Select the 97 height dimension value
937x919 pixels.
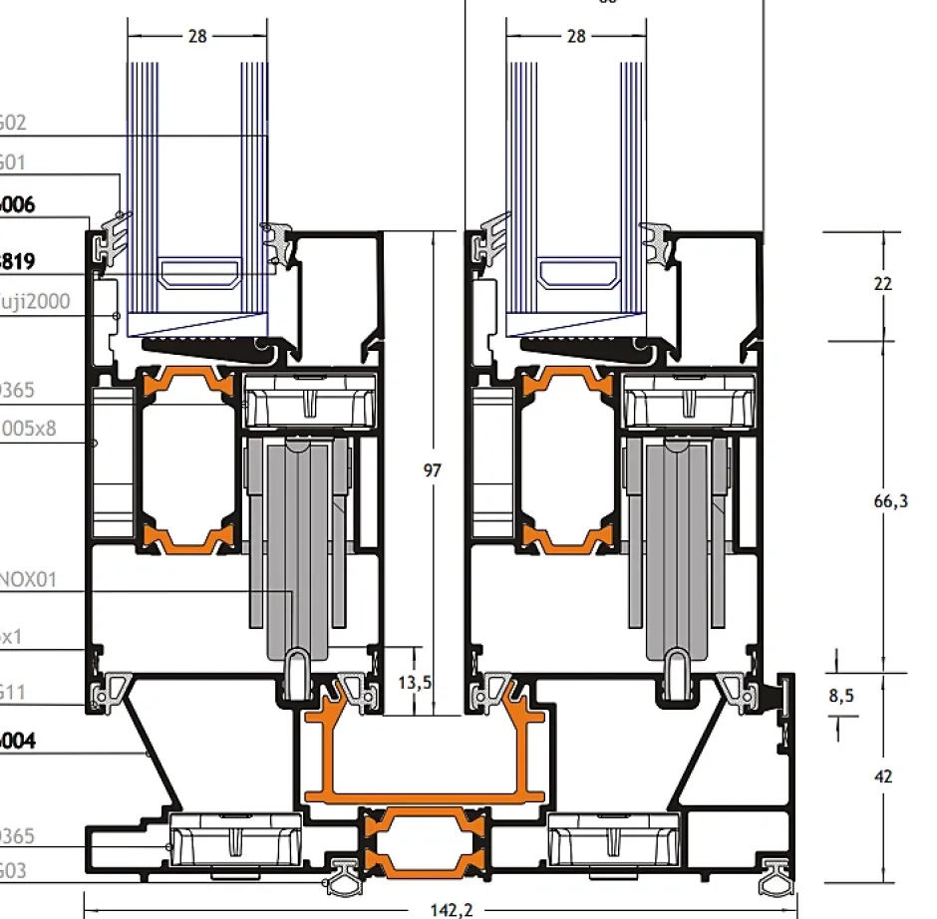pyautogui.click(x=433, y=469)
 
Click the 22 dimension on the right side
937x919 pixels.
pyautogui.click(x=882, y=284)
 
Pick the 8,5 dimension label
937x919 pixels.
pyautogui.click(x=842, y=696)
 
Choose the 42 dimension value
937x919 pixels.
pyautogui.click(x=882, y=776)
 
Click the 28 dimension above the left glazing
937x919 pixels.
pyautogui.click(x=197, y=36)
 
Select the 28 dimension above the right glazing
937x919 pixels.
pyautogui.click(x=575, y=36)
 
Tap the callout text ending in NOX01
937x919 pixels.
pyautogui.click(x=27, y=578)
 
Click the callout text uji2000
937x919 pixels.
pyautogui.click(x=35, y=300)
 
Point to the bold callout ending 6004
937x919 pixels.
pyautogui.click(x=18, y=741)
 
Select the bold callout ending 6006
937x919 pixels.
pyautogui.click(x=18, y=205)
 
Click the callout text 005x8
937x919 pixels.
pyautogui.click(x=28, y=430)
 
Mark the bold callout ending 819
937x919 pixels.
pyautogui.click(x=18, y=262)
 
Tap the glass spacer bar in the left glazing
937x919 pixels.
pyautogui.click(x=202, y=272)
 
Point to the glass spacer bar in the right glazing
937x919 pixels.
pyautogui.click(x=580, y=272)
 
